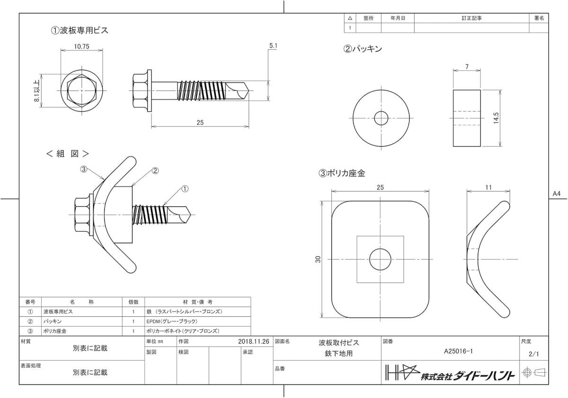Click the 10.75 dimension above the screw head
[81, 46]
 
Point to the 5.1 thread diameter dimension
[273, 46]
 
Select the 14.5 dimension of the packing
[496, 118]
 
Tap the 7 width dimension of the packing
[467, 66]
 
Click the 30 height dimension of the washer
[318, 259]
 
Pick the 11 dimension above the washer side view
[488, 187]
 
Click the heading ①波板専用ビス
[80, 30]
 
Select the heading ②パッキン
[363, 49]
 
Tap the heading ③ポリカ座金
[342, 173]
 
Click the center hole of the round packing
[381, 118]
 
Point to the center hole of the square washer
[380, 259]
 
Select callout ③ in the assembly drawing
[84, 169]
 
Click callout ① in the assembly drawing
[185, 189]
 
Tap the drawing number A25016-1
[458, 351]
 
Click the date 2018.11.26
[254, 342]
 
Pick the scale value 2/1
[534, 354]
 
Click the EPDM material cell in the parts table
[172, 321]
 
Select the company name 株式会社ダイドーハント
[467, 376]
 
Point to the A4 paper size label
[557, 194]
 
